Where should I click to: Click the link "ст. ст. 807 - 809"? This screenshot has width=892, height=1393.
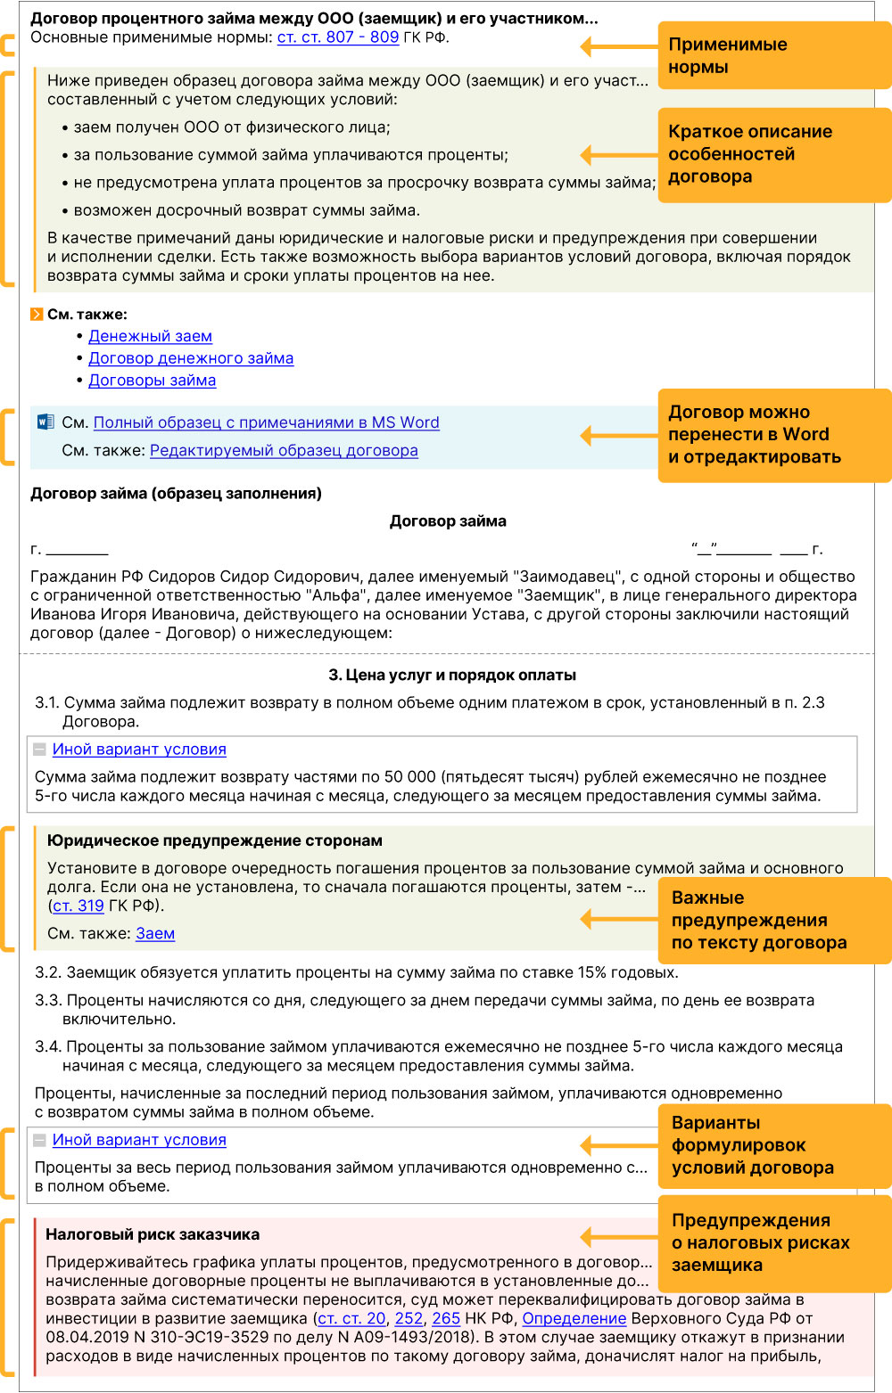[337, 37]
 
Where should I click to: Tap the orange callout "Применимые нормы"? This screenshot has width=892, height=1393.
[772, 55]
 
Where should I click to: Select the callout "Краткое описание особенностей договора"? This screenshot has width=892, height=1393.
[772, 154]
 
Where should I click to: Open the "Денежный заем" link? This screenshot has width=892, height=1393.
[150, 336]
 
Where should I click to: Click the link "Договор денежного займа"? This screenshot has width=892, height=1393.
[190, 358]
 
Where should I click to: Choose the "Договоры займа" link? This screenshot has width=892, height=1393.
[152, 381]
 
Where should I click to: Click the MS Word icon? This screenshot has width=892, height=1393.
[45, 422]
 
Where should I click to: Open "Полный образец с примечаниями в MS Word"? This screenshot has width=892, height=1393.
[266, 422]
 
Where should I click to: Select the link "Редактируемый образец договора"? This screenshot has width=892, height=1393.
[284, 451]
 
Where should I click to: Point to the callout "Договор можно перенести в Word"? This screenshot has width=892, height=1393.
[772, 435]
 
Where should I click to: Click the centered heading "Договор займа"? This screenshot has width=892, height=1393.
[448, 521]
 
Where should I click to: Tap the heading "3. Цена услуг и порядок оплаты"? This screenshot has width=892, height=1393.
[452, 676]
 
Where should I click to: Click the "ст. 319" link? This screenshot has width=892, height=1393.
[78, 906]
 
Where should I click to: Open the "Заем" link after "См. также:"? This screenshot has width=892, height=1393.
[155, 934]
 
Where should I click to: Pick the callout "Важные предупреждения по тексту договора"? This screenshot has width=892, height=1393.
[772, 921]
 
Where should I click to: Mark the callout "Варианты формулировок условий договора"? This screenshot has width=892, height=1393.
[772, 1145]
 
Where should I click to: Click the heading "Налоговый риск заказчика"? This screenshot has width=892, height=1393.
[153, 1235]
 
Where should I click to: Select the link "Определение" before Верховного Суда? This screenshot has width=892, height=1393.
[574, 1319]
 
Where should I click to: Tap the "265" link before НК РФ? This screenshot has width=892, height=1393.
[446, 1319]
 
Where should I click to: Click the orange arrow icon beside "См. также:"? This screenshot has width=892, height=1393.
[37, 315]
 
